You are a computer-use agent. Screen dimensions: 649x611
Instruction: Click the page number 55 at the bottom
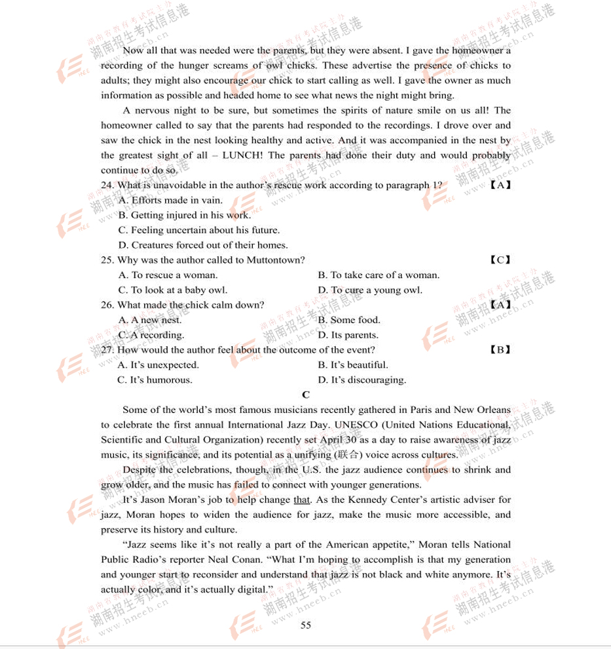tap(306, 625)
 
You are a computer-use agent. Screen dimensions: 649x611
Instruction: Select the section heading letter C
tap(306, 395)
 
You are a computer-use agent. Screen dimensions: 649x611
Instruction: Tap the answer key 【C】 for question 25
tap(500, 260)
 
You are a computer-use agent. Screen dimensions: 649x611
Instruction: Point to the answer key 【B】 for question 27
tap(500, 350)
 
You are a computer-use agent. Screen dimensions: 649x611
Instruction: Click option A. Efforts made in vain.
tap(170, 200)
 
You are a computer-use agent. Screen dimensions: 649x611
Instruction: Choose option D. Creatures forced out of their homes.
tap(203, 245)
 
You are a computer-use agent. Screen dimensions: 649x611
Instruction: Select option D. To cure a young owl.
tap(370, 290)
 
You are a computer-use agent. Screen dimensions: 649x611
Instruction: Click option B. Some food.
tap(349, 320)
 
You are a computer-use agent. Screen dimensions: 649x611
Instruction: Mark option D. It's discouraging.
tap(362, 380)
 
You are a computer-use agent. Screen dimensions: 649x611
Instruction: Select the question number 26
tap(107, 305)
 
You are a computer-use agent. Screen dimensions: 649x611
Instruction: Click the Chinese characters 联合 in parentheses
tap(347, 455)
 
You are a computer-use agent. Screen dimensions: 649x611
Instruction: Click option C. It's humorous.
tap(155, 380)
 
